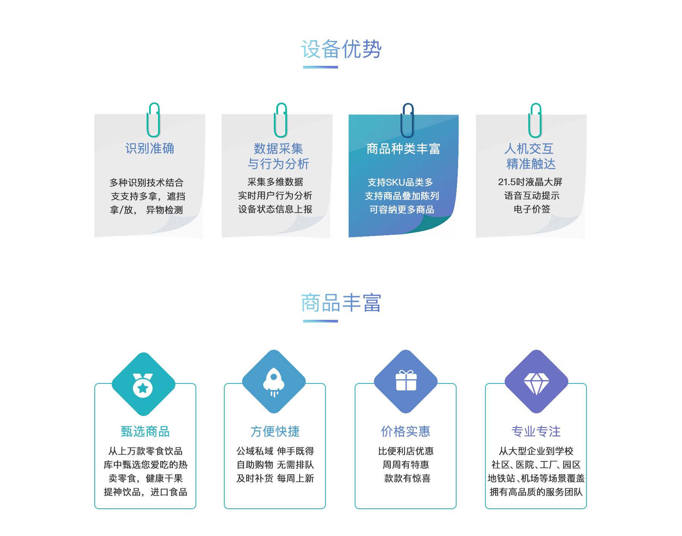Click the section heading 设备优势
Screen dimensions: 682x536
pos(341,49)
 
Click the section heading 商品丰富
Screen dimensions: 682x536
pos(341,303)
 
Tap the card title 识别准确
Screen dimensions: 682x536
pos(150,148)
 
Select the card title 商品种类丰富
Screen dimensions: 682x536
pos(403,149)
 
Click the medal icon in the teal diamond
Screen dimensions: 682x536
pos(143,385)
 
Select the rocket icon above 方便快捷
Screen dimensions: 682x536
pos(274,383)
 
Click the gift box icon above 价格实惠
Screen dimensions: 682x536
pos(406,380)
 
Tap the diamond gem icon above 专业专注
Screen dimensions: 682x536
pos(536,383)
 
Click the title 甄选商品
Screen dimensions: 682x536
pos(145,432)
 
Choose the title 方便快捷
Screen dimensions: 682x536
pos(275,432)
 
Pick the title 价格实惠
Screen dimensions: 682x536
pos(405,432)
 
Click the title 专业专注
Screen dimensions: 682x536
pos(536,432)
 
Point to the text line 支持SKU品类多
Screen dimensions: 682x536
pos(400,182)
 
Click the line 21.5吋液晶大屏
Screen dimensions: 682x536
pos(530,182)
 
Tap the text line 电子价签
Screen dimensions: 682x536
pos(532,209)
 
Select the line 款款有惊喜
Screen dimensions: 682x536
pos(407,478)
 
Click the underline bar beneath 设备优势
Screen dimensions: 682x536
pos(321,67)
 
